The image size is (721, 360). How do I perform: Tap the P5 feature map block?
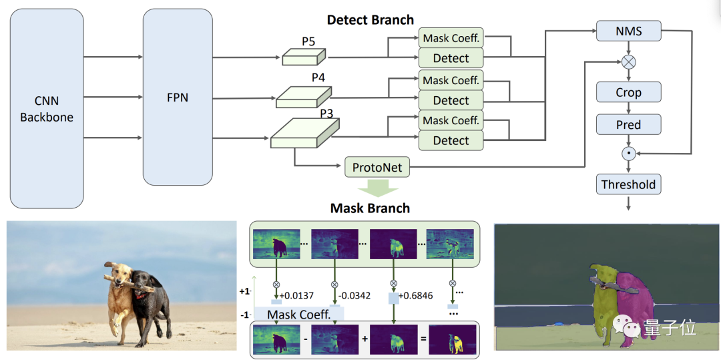pos(301,57)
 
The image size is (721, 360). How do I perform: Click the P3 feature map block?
pos(304,133)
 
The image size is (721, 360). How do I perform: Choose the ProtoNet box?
pos(377,167)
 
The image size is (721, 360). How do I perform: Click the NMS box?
pos(628,31)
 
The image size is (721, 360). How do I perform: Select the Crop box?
pos(628,93)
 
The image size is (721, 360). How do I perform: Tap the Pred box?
pos(628,124)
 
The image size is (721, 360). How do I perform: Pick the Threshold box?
pos(628,184)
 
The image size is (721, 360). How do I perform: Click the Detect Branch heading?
pos(371,20)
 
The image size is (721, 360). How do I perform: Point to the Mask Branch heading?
pos(370,208)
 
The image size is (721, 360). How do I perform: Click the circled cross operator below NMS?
pos(628,62)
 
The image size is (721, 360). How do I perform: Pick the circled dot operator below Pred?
pos(628,154)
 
